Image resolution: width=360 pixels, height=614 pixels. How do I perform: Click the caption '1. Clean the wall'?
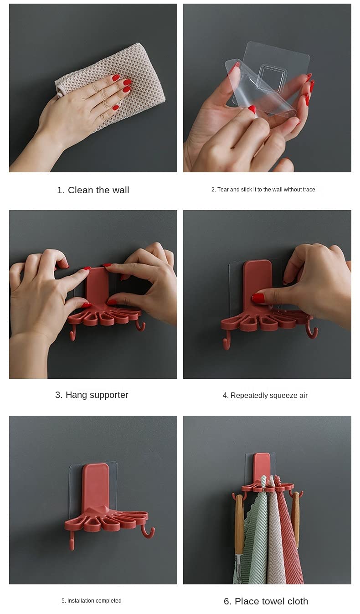click(x=93, y=190)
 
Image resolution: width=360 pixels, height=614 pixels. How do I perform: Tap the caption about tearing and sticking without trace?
click(x=263, y=190)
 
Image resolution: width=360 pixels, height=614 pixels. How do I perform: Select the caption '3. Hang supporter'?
click(x=92, y=395)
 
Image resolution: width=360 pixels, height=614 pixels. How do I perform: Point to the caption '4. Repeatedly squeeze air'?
click(x=265, y=395)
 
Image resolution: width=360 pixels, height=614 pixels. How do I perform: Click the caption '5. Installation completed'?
click(x=91, y=601)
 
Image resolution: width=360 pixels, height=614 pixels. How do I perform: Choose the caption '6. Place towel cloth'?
click(x=266, y=601)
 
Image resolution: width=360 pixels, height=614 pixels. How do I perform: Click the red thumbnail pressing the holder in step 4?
click(x=258, y=298)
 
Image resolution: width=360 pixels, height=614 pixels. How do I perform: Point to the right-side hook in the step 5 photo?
click(x=148, y=532)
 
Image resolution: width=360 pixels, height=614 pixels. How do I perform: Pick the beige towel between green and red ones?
click(x=275, y=535)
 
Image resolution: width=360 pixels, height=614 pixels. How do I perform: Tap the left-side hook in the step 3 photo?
click(x=72, y=333)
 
